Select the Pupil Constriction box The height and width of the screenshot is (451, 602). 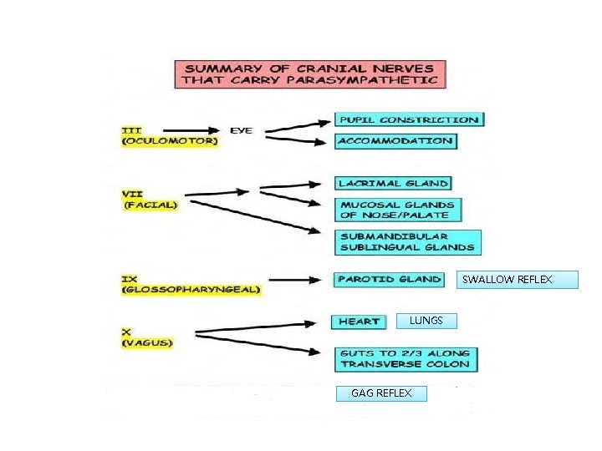[410, 119]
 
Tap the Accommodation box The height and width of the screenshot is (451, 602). [395, 141]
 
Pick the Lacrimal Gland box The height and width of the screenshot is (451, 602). [393, 183]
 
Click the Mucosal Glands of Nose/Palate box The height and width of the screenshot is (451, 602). [398, 210]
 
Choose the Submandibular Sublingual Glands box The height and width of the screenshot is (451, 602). [407, 242]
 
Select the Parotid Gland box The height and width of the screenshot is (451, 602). [389, 279]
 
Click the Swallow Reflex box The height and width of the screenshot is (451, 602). [519, 280]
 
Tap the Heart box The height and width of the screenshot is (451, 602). [360, 322]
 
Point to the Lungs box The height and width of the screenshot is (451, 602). [432, 321]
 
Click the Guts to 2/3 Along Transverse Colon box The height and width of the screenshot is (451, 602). [406, 359]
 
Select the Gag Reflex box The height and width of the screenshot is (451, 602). [381, 393]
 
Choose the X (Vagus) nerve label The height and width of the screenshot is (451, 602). [147, 337]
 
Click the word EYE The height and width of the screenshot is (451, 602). [241, 130]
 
